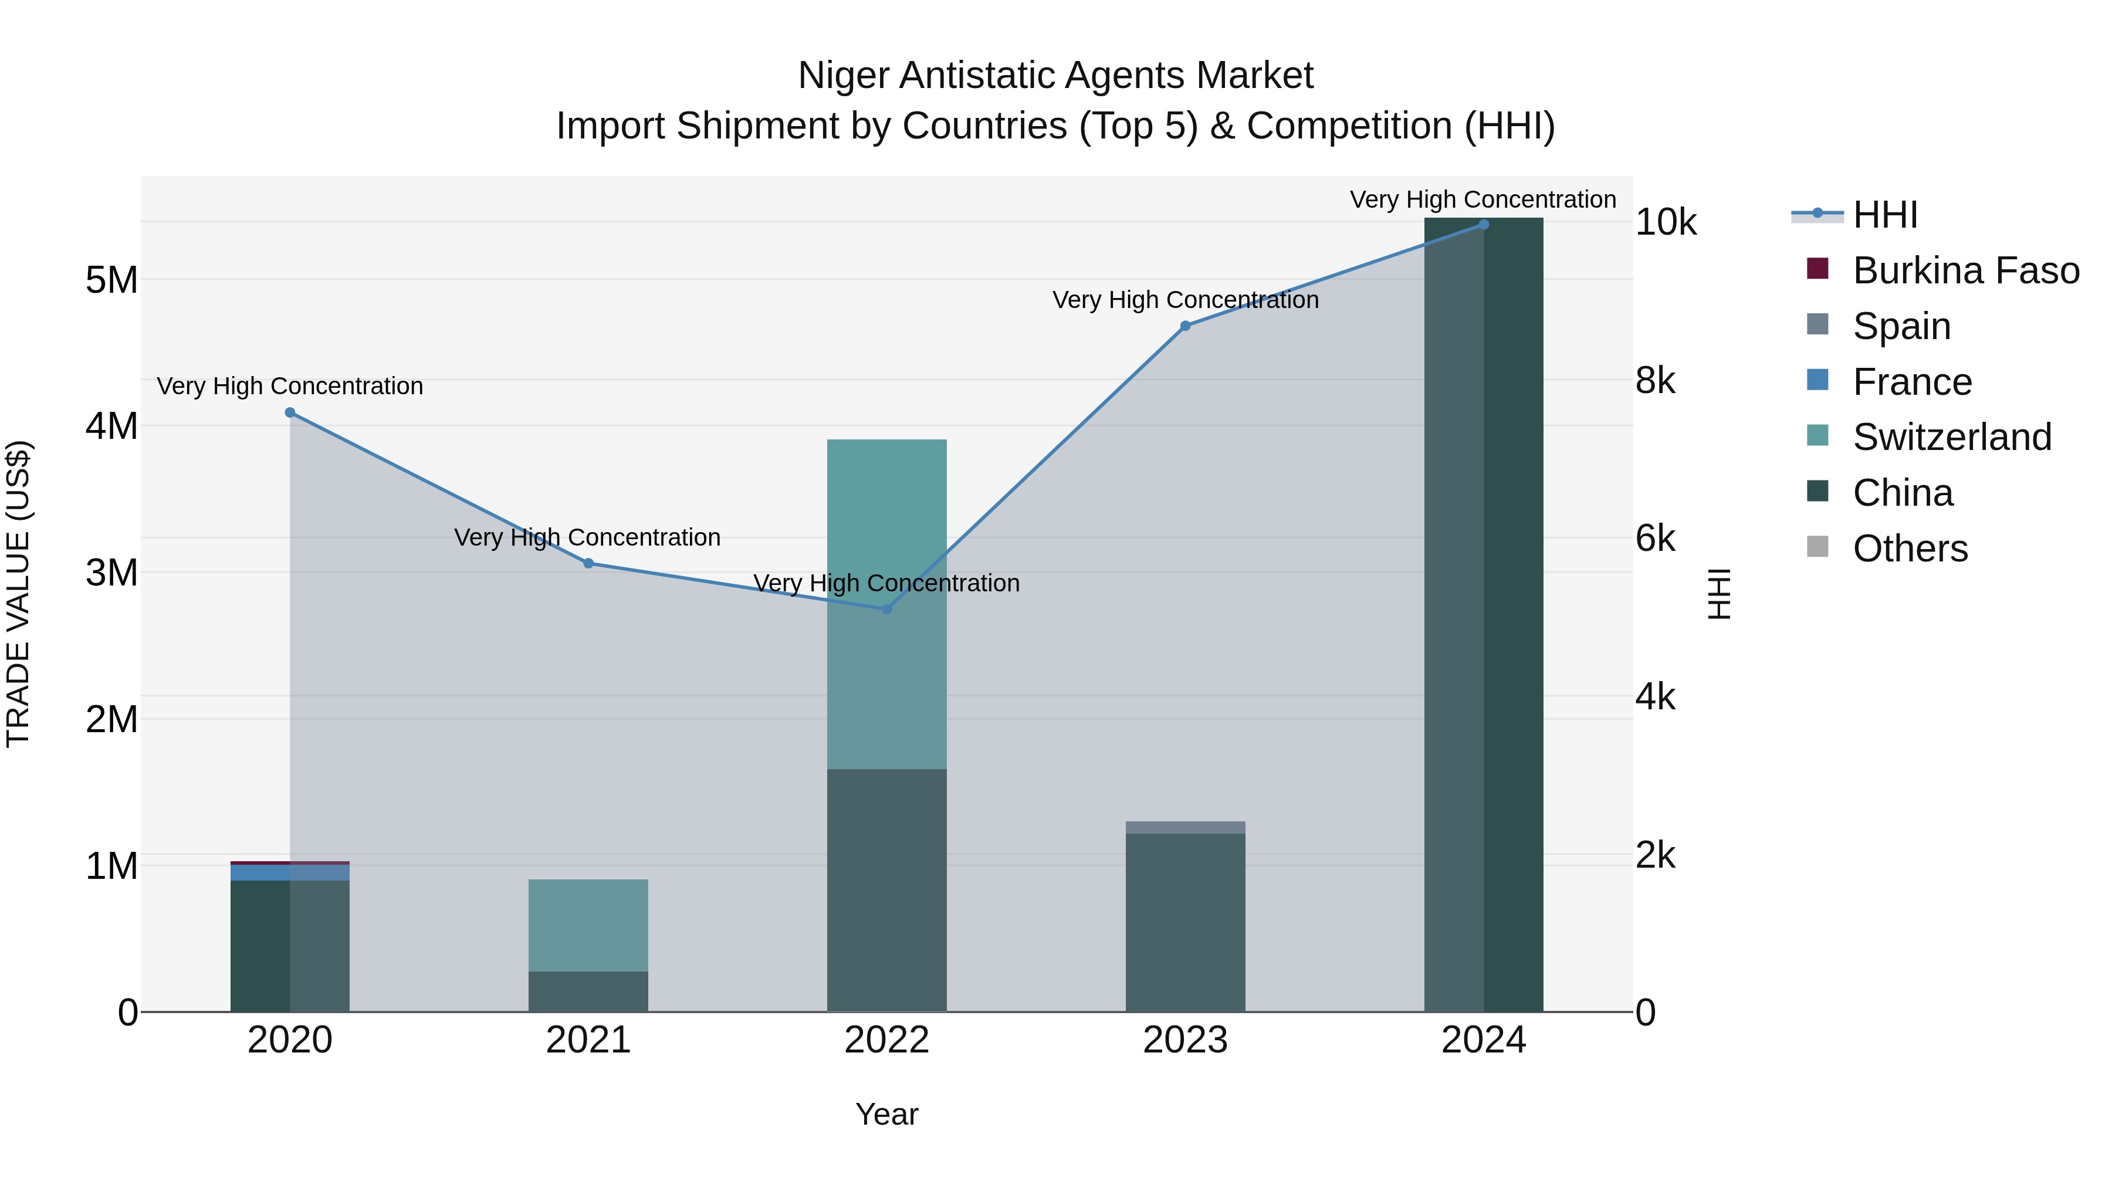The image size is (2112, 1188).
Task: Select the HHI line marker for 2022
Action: (886, 609)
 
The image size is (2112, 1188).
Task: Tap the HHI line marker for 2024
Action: (1483, 224)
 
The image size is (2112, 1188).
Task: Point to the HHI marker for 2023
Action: (1184, 326)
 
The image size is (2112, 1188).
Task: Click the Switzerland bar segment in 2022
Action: (886, 604)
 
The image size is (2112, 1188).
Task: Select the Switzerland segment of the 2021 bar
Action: (588, 925)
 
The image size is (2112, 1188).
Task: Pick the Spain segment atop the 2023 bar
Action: (1184, 827)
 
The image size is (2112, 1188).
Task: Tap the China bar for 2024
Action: (1483, 615)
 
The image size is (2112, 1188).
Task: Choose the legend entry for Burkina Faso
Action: (1965, 270)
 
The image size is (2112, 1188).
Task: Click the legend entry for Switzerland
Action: (1951, 437)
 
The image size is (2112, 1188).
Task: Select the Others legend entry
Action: (1910, 549)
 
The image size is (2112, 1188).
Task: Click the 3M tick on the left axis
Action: (111, 572)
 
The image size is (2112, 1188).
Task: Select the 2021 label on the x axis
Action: (588, 1040)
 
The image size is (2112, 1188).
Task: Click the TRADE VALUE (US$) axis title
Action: (18, 594)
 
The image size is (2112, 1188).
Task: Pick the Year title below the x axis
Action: (886, 1114)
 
